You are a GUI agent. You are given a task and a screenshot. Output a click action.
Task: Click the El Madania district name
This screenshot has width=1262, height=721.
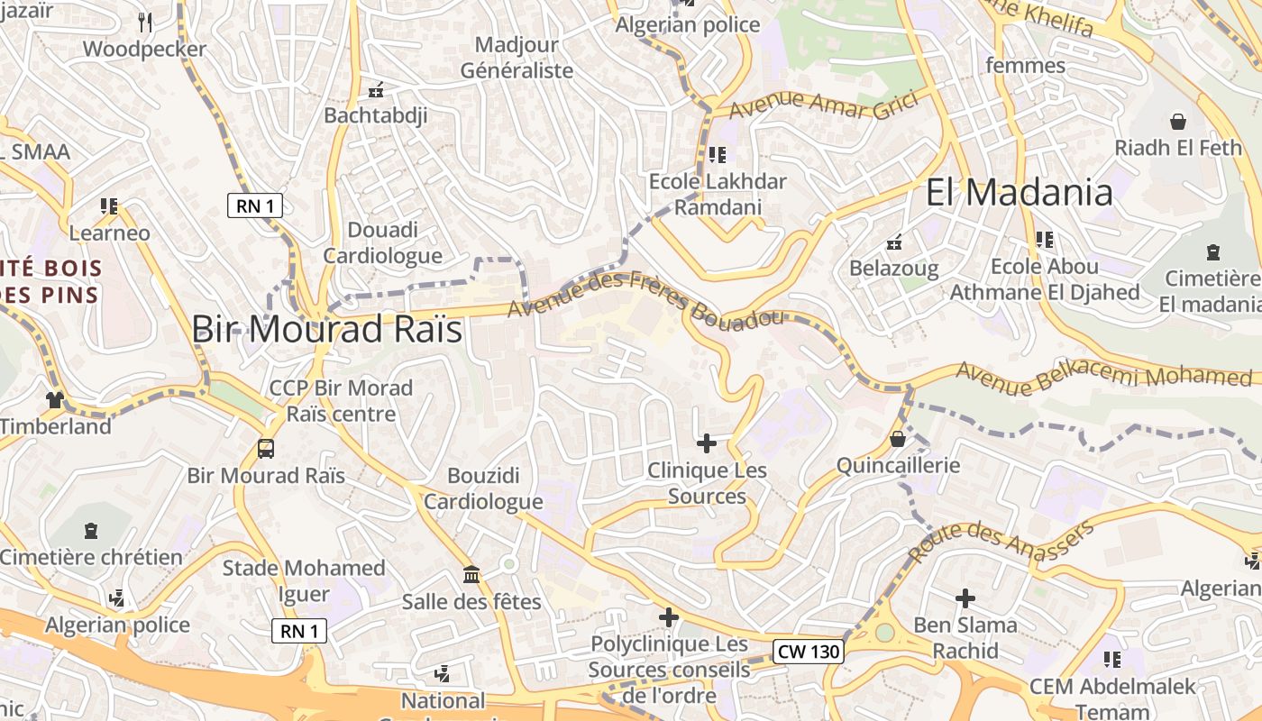[x=1019, y=193]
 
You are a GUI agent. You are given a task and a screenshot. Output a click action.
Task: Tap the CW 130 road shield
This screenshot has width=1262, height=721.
[x=808, y=651]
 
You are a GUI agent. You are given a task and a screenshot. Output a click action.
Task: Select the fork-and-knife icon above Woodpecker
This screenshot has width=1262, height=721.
[x=144, y=22]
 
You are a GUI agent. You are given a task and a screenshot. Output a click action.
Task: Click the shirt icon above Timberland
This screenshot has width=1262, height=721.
[x=56, y=399]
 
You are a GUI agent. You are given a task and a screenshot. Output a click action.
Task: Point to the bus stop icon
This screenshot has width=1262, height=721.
[x=266, y=448]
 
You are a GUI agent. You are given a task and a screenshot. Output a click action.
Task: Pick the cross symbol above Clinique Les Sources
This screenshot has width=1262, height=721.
[x=707, y=443]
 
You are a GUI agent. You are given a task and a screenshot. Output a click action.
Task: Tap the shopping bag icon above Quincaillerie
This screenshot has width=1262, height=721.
[x=897, y=439]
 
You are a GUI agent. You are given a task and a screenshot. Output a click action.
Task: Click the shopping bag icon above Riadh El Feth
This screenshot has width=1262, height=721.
[x=1177, y=120]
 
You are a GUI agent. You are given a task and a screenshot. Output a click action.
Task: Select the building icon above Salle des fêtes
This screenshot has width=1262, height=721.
[x=471, y=574]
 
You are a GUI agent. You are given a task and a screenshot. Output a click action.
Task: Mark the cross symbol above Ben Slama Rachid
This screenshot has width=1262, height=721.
[x=965, y=598]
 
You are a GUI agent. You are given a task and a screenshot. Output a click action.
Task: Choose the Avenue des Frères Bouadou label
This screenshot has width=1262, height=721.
[x=645, y=300]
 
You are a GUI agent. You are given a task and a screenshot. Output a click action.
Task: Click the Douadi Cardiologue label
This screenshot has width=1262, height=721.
[x=383, y=242]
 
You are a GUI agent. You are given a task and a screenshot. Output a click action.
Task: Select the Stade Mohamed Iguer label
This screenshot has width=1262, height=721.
[x=304, y=581]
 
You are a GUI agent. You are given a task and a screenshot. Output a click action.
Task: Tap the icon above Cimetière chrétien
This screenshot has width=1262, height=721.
[x=91, y=531]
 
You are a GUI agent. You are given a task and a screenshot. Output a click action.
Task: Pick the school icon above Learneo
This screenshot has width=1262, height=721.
[x=109, y=206]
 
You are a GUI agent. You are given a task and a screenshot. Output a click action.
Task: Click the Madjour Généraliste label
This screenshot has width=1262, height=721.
[x=517, y=58]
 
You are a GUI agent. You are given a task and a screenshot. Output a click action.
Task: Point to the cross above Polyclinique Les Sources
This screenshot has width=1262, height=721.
[x=668, y=617]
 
